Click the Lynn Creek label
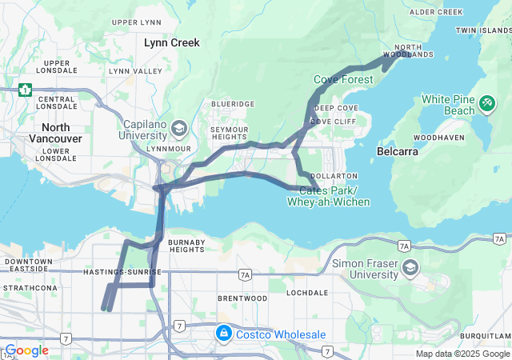pyautogui.click(x=171, y=42)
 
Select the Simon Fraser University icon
pyautogui.click(x=410, y=266)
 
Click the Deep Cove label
pyautogui.click(x=335, y=108)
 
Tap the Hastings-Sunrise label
pyautogui.click(x=122, y=273)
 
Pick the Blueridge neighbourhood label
pyautogui.click(x=233, y=104)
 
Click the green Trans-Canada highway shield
pyautogui.click(x=26, y=90)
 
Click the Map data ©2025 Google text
pyautogui.click(x=462, y=354)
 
